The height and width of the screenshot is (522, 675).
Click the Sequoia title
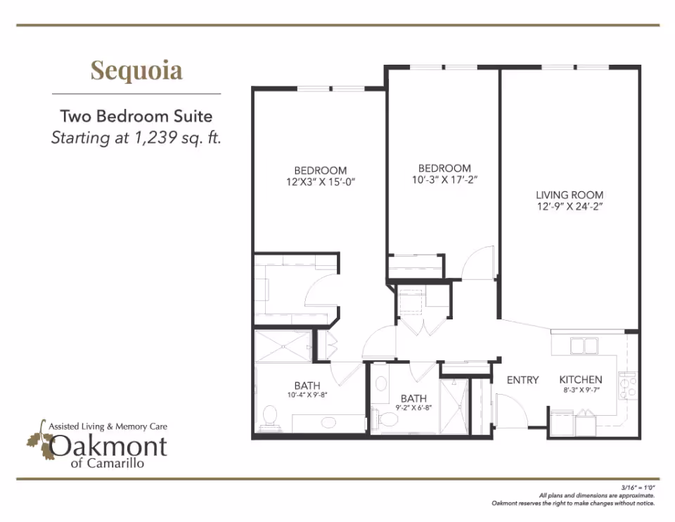coord(136,70)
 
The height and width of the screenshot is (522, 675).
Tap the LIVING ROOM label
coord(570,195)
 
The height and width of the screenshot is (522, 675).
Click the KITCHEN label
coord(581,380)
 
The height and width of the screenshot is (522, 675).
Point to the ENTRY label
coord(523,380)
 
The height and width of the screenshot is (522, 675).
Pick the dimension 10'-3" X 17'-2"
coord(444,179)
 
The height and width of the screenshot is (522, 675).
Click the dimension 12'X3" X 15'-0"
coord(321,181)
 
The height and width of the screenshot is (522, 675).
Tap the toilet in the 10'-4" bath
coord(269,417)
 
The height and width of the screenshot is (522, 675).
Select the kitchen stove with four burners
coord(627,385)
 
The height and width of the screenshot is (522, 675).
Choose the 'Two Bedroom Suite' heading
coord(136,116)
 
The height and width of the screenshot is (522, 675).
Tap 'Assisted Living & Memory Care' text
coord(108,426)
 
